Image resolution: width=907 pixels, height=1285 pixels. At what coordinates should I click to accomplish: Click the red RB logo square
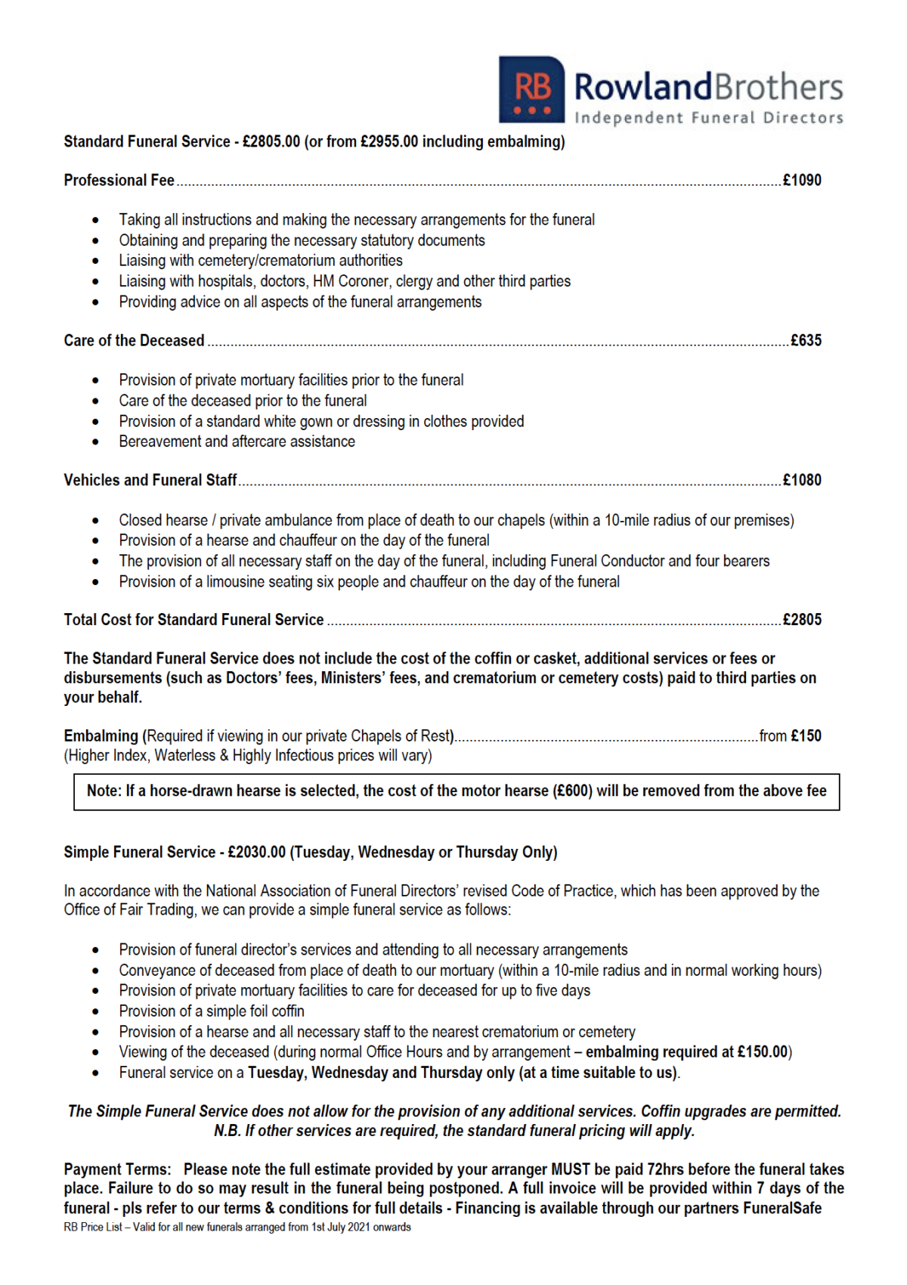click(x=532, y=89)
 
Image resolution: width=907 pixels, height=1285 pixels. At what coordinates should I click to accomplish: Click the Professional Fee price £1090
click(x=802, y=181)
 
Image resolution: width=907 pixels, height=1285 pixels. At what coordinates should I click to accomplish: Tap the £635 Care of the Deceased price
click(x=806, y=341)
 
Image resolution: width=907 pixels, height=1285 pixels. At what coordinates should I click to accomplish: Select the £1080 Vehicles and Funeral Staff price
click(x=802, y=480)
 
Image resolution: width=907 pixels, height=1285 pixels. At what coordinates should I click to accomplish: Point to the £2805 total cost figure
click(x=802, y=620)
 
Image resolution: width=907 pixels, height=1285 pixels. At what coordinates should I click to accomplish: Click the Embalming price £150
click(x=806, y=736)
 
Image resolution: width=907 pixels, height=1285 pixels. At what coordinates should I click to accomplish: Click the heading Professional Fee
click(x=119, y=181)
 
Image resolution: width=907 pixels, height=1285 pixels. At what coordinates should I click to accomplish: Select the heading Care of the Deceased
click(x=134, y=341)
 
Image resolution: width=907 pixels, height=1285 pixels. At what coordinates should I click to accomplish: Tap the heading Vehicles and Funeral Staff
click(x=150, y=480)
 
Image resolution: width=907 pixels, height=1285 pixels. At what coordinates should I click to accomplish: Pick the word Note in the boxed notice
click(x=104, y=791)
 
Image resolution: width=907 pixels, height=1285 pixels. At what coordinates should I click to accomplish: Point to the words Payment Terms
click(x=117, y=1169)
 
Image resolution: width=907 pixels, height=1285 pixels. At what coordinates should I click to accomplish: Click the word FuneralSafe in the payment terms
click(x=782, y=1209)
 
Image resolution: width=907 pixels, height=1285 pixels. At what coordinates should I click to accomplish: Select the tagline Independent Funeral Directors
click(x=708, y=118)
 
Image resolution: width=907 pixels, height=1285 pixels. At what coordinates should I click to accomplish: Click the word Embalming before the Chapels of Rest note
click(x=101, y=736)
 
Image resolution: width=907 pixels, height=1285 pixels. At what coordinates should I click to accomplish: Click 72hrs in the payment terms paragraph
click(x=665, y=1169)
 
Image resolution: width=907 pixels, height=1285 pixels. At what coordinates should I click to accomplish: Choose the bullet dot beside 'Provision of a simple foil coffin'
click(x=95, y=1011)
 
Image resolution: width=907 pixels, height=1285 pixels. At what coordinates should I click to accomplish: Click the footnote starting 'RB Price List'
click(x=237, y=1228)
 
